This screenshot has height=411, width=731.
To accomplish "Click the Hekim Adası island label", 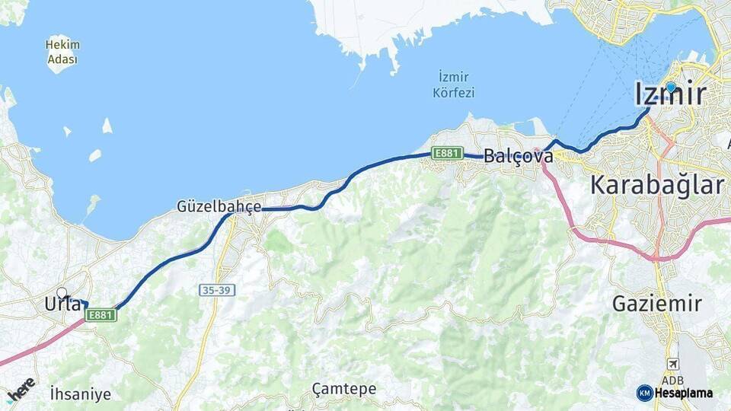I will [62, 51].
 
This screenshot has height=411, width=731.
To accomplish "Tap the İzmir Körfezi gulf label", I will [453, 84].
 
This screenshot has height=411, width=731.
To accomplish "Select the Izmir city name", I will [670, 94].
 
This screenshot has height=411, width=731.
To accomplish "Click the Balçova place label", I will [519, 156].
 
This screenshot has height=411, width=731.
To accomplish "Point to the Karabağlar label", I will [657, 185].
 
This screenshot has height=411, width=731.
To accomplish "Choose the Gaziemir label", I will [657, 304].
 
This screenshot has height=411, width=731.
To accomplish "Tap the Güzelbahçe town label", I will [219, 206].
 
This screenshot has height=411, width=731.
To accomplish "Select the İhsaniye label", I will [80, 394].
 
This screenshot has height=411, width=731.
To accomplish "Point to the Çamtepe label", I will [344, 389].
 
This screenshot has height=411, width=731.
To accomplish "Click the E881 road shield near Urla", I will [101, 314].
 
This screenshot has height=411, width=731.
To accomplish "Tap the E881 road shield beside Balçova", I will [447, 153].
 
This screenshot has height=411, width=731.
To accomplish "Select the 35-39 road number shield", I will [218, 290].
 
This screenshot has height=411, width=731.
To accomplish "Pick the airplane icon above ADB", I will [672, 364].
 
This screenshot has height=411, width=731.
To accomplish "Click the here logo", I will [21, 389].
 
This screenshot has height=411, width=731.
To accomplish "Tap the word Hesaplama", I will [683, 393].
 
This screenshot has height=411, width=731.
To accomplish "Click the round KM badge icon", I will [645, 393].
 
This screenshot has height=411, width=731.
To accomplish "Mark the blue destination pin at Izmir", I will [671, 87].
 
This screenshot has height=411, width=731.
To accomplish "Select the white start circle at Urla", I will [62, 292].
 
